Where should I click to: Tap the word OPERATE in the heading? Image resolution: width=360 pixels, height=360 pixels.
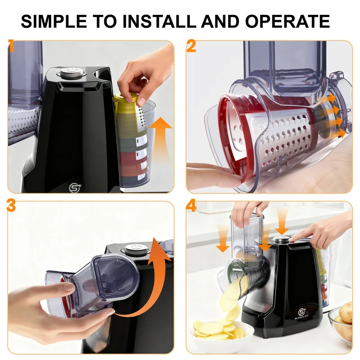point(288,21)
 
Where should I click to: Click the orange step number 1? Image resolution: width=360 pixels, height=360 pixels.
point(11,46)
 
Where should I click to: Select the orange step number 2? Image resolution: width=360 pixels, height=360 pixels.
point(191,46)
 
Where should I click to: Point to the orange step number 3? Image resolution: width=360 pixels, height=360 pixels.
point(11,206)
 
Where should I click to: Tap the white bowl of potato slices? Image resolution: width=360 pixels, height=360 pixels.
point(221,334)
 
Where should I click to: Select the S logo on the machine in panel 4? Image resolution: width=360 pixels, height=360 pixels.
point(301,312)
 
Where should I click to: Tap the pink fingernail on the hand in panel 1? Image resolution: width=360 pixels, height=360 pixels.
point(142,101)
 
